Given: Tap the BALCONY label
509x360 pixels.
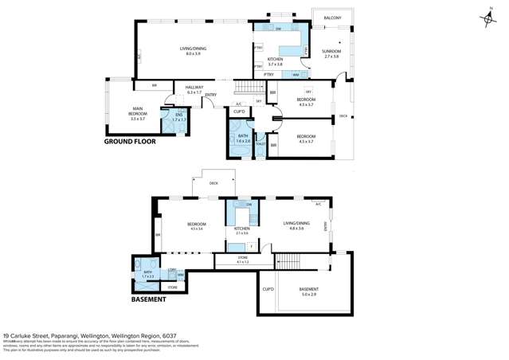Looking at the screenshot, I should [333, 17].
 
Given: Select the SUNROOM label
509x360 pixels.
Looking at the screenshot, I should [331, 53].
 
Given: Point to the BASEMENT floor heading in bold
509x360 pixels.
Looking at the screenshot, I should [148, 299].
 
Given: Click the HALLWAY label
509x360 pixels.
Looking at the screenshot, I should [194, 89].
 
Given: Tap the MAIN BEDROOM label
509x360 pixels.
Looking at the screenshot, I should [137, 115].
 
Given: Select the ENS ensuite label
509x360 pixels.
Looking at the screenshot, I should [178, 116].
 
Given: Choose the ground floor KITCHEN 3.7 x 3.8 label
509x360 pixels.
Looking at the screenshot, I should [275, 61].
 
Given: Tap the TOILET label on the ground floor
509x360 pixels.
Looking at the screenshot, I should [260, 144].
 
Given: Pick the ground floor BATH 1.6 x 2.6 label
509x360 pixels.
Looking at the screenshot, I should [243, 138].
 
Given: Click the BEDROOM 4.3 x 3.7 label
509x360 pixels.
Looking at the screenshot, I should [306, 102].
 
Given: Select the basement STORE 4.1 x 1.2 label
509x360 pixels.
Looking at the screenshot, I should [243, 260].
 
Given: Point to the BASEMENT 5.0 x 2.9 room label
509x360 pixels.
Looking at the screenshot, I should [308, 291].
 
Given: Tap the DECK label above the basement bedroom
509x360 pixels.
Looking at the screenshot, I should [213, 183].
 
